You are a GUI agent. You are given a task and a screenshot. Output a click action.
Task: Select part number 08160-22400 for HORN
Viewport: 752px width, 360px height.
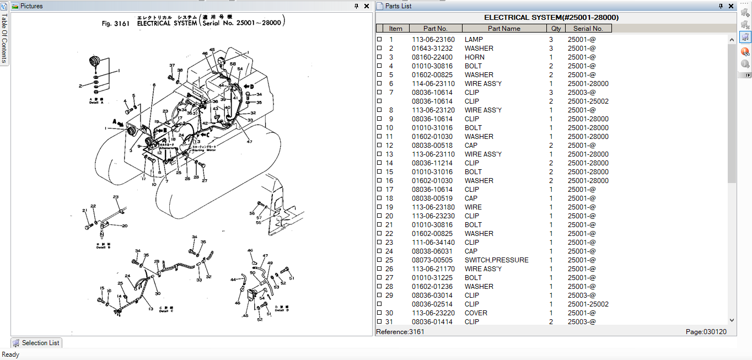pyautogui.click(x=432, y=57)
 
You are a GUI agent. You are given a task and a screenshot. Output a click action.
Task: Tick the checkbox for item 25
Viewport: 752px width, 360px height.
pyautogui.click(x=379, y=260)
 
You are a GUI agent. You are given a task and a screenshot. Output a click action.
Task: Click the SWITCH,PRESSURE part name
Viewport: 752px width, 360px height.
pyautogui.click(x=496, y=260)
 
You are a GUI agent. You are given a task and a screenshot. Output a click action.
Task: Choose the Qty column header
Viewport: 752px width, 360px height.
pyautogui.click(x=556, y=29)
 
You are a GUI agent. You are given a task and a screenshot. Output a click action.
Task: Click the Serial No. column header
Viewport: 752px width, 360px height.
pyautogui.click(x=588, y=29)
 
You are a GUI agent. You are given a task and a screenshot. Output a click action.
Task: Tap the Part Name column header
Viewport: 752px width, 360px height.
pyautogui.click(x=503, y=29)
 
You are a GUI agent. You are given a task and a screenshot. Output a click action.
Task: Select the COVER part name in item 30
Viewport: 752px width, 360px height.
pyautogui.click(x=476, y=313)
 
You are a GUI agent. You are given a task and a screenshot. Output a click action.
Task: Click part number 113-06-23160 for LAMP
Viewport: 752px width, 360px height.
pyautogui.click(x=433, y=40)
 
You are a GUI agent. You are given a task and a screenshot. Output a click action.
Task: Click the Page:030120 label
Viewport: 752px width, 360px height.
pyautogui.click(x=706, y=332)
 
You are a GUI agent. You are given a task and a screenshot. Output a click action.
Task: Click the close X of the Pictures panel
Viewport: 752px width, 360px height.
pyautogui.click(x=367, y=6)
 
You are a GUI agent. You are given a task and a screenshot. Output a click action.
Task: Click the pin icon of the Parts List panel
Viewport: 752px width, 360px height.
pyautogui.click(x=721, y=6)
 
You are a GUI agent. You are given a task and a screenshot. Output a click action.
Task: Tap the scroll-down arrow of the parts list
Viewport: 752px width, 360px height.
pyautogui.click(x=732, y=320)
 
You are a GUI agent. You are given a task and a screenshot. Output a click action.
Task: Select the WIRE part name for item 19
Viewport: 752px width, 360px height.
pyautogui.click(x=472, y=207)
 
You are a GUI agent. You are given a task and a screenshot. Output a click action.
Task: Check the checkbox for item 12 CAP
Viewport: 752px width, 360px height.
pyautogui.click(x=379, y=146)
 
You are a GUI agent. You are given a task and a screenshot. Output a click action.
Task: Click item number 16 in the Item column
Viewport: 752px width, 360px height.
pyautogui.click(x=389, y=181)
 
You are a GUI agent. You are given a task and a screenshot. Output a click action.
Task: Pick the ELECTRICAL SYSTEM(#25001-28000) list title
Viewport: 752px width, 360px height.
pyautogui.click(x=551, y=18)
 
